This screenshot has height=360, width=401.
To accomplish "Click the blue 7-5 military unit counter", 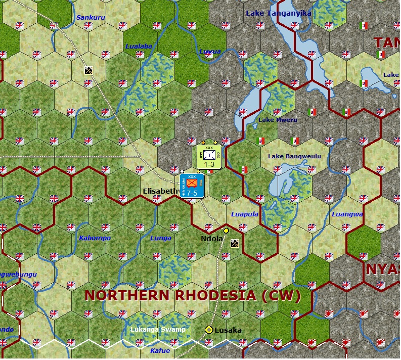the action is (192, 186).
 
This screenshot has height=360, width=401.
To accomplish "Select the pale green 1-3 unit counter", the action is (208, 157).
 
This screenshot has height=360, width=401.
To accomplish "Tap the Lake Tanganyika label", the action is (278, 13).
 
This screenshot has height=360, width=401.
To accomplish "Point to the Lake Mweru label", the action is (278, 120).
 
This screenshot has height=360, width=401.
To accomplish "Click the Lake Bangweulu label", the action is (294, 156).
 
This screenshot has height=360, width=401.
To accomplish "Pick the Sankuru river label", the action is (90, 18).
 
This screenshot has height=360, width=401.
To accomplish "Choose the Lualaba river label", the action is (139, 46).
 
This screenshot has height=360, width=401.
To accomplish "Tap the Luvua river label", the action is (210, 51).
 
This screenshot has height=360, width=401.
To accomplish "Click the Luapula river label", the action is (245, 214).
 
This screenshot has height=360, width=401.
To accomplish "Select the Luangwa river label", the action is (347, 214).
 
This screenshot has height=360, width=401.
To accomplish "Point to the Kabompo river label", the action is (95, 238).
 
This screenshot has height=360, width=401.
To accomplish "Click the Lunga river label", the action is (161, 238).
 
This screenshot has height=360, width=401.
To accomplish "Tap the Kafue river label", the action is (160, 350).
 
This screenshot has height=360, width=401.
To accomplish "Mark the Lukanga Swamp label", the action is (158, 330).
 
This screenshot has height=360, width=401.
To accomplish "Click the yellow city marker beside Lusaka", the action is (208, 330).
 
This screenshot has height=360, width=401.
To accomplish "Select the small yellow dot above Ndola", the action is (226, 231).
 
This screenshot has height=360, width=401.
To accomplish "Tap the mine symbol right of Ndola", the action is (235, 243).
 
